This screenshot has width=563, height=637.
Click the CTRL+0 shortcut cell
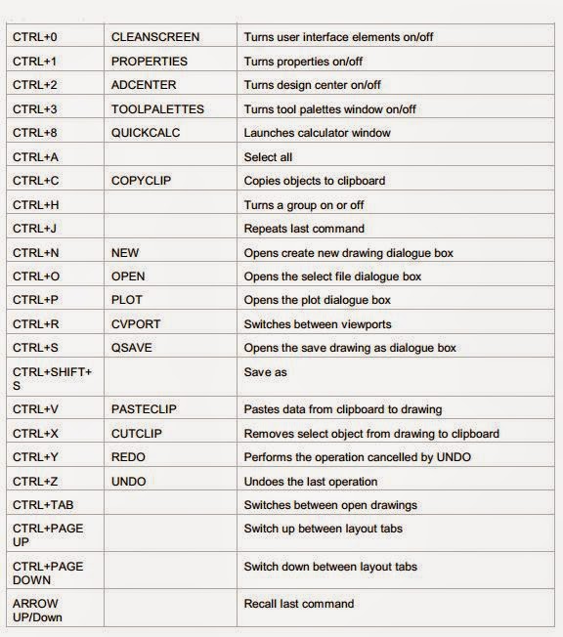[x=35, y=37]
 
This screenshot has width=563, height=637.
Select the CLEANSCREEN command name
[x=155, y=37]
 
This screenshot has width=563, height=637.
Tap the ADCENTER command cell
[x=144, y=85]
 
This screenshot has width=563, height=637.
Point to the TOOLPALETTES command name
[x=156, y=108]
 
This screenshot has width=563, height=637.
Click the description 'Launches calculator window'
[x=317, y=133]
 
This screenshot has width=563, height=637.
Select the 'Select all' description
[x=268, y=156]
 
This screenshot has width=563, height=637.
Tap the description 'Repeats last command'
[x=304, y=229]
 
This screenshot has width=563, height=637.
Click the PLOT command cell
[x=127, y=300]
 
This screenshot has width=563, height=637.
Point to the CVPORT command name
[x=135, y=323]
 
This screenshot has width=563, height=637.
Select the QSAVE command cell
[x=132, y=348]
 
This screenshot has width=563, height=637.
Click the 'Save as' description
[x=265, y=372]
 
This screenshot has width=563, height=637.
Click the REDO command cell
[x=128, y=457]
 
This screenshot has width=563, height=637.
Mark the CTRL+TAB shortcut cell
[x=42, y=505]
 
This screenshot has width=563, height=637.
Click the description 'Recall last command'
[x=298, y=604]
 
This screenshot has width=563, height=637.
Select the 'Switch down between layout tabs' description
[x=329, y=567]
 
